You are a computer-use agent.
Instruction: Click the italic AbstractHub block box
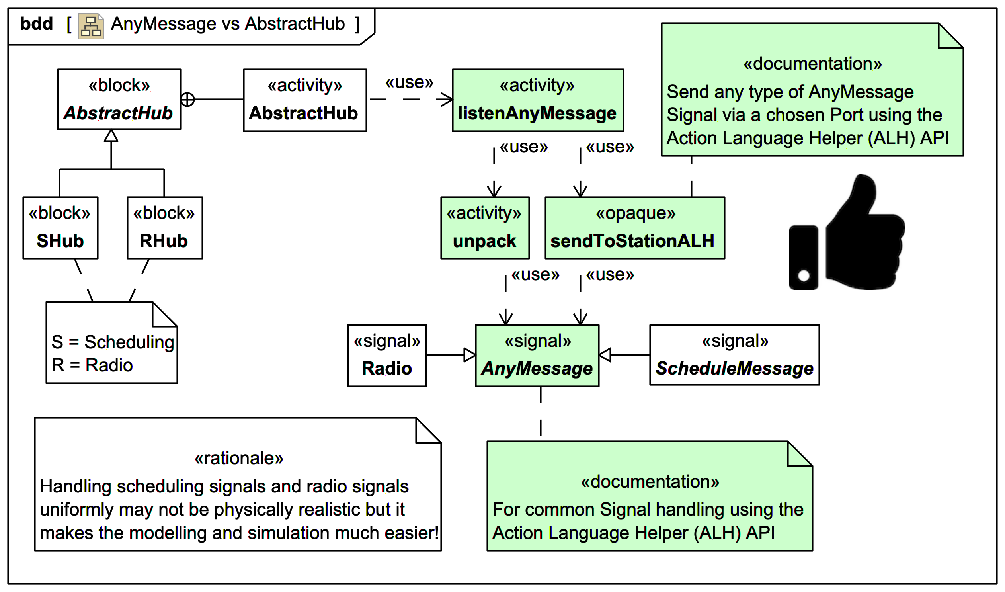pyautogui.click(x=119, y=100)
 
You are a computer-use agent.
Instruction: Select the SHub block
pyautogui.click(x=60, y=228)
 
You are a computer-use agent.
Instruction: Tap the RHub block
pyautogui.click(x=165, y=228)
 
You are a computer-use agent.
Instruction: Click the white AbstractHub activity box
pyautogui.click(x=305, y=101)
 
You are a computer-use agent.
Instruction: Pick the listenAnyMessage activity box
pyautogui.click(x=538, y=101)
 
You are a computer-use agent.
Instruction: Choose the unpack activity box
pyautogui.click(x=485, y=228)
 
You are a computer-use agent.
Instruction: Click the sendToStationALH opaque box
pyautogui.click(x=635, y=228)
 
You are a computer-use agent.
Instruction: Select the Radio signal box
pyautogui.click(x=387, y=356)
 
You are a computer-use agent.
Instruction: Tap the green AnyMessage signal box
pyautogui.click(x=537, y=356)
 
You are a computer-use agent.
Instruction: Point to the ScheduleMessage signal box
pyautogui.click(x=735, y=355)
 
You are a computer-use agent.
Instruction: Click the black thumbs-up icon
pyautogui.click(x=847, y=235)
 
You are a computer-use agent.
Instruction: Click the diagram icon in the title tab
pyautogui.click(x=91, y=26)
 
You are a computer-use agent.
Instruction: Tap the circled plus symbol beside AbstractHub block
pyautogui.click(x=187, y=100)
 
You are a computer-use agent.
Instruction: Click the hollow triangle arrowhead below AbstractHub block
pyautogui.click(x=111, y=136)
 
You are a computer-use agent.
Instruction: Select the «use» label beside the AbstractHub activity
pyautogui.click(x=409, y=82)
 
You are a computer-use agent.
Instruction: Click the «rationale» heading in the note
pyautogui.click(x=239, y=458)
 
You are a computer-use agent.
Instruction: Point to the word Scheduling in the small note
pyautogui.click(x=129, y=342)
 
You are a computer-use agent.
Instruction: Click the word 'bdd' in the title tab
pyautogui.click(x=36, y=24)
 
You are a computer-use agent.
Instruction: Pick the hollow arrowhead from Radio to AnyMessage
pyautogui.click(x=470, y=355)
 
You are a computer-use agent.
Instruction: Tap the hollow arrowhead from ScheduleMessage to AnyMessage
pyautogui.click(x=605, y=355)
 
